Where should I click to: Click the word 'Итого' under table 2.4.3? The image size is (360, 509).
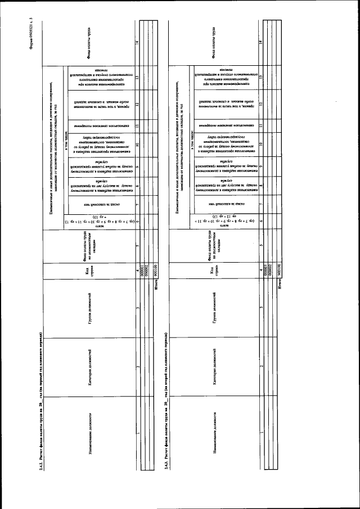click(x=278, y=288)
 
